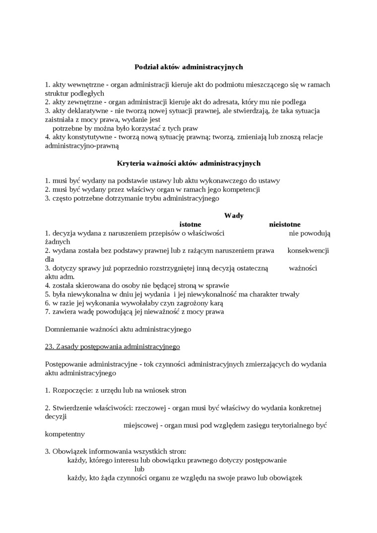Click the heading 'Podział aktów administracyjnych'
coord(188,66)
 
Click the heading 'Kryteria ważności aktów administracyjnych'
coord(188,163)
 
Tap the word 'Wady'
coord(234,215)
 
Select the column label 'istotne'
coord(190,224)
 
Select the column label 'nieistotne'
coord(285,224)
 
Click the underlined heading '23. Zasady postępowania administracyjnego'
coord(112,346)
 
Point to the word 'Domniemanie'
coord(66,328)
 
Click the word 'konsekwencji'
coord(308,250)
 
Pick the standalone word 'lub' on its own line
coord(139,469)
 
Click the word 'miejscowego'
coord(141,425)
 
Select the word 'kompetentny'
coord(64,434)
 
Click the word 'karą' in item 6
coord(217,303)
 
